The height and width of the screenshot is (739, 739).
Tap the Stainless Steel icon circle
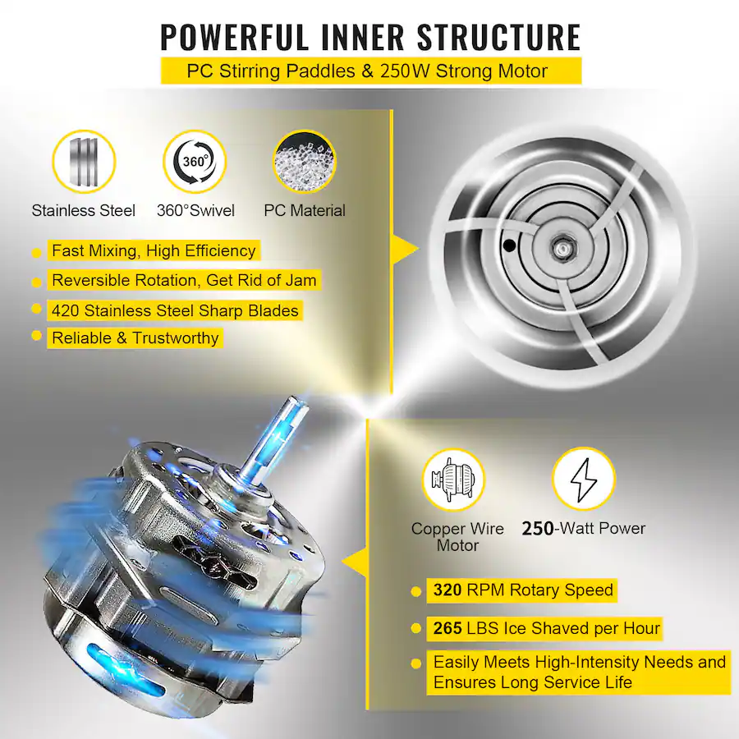click(84, 162)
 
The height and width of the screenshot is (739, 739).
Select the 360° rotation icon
click(195, 162)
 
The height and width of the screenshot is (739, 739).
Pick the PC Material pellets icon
click(305, 162)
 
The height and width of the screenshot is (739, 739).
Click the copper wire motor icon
click(453, 480)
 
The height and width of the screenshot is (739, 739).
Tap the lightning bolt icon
click(584, 480)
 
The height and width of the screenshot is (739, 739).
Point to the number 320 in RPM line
click(448, 590)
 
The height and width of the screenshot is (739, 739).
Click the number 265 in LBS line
click(448, 628)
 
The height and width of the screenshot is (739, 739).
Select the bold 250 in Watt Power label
click(538, 528)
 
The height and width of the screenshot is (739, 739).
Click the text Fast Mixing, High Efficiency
click(154, 250)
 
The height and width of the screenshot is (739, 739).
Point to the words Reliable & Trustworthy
click(135, 338)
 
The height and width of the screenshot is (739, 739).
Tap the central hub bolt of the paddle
click(561, 247)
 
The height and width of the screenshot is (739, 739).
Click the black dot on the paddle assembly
click(509, 245)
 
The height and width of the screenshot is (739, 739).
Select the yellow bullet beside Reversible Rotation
click(36, 282)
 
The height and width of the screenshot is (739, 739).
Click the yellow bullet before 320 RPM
click(415, 591)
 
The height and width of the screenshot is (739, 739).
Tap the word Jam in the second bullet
click(300, 281)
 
